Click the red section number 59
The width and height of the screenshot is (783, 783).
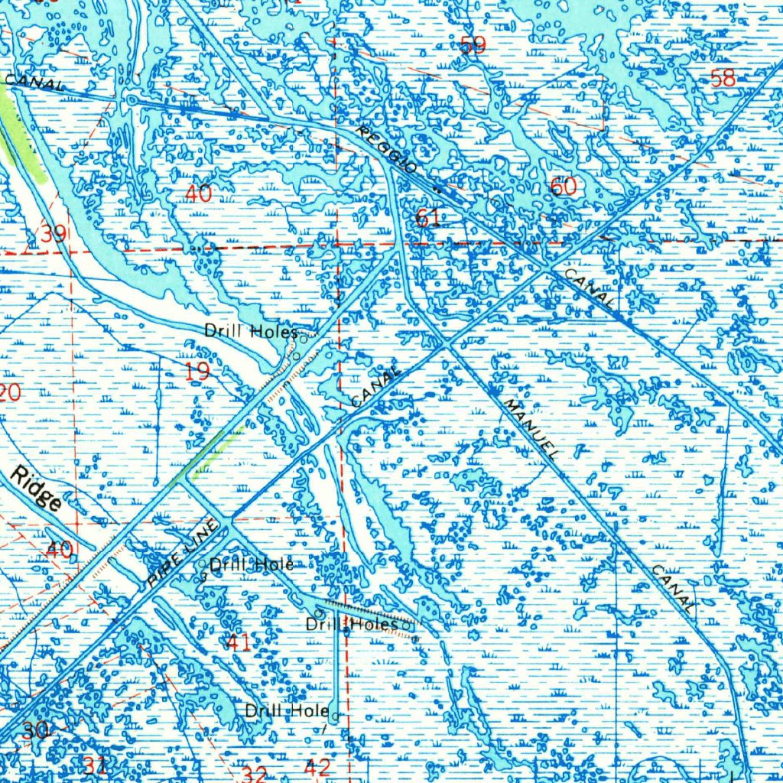[473, 46]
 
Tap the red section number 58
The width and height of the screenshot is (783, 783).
[723, 78]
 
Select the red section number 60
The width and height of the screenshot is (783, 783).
[564, 187]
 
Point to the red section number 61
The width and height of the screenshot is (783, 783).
[427, 219]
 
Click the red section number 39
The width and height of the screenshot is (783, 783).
[53, 234]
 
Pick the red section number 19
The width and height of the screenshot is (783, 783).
[197, 372]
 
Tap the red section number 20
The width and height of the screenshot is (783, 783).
[10, 394]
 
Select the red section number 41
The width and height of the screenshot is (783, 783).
[239, 642]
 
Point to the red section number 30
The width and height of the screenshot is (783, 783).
[34, 730]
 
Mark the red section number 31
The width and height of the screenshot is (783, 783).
[96, 765]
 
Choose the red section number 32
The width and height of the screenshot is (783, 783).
[254, 775]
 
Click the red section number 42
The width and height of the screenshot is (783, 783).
[317, 767]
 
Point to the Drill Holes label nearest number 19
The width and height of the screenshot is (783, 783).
[250, 332]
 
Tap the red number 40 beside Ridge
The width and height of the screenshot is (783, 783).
[60, 549]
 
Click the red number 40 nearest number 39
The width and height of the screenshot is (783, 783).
[198, 194]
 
